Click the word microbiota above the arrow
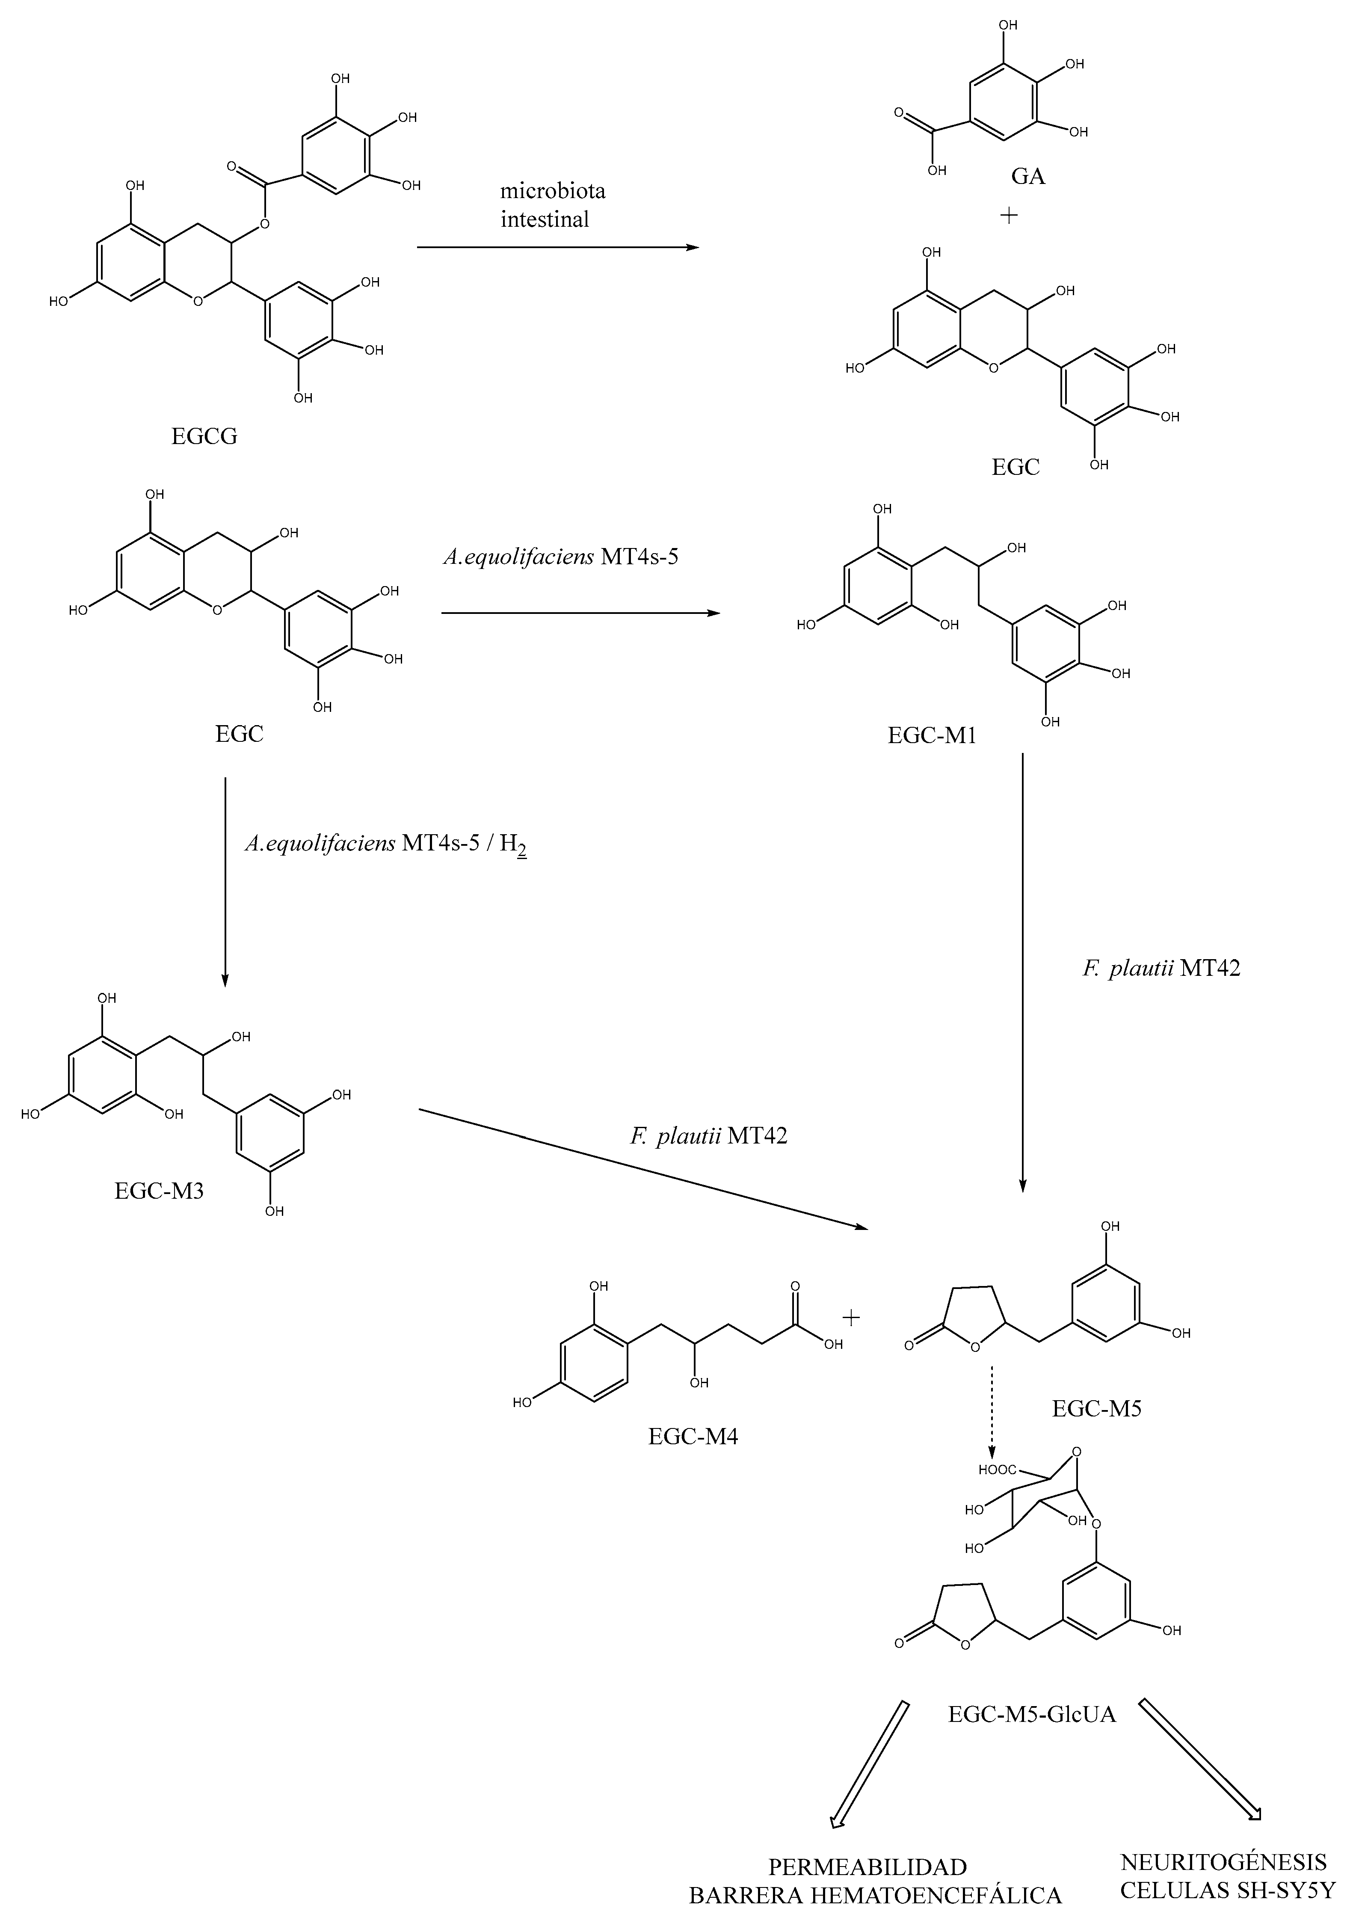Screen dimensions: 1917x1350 click(553, 191)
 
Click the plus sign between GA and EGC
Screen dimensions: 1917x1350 click(1009, 216)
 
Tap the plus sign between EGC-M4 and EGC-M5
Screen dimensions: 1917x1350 click(851, 1318)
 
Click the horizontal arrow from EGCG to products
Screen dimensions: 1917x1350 click(557, 248)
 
